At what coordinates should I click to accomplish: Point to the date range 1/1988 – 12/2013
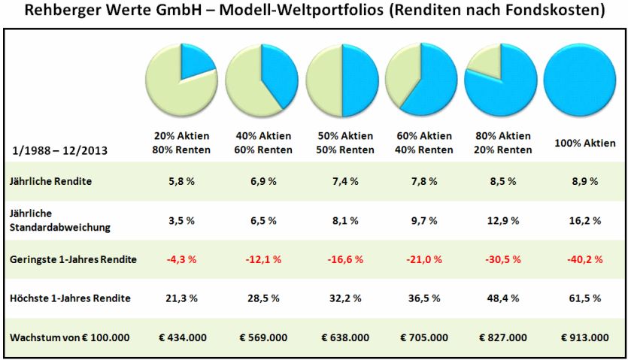(59, 150)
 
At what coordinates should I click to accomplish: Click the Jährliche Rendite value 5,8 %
(181, 181)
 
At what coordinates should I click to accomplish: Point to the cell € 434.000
(181, 337)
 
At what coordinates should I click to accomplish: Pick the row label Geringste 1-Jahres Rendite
(74, 259)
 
